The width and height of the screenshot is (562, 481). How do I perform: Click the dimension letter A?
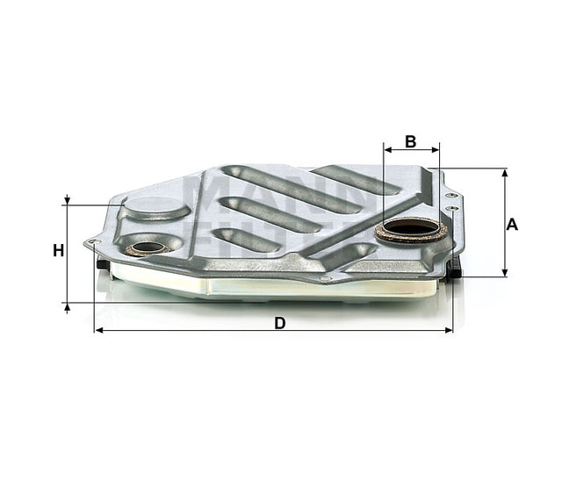[513, 224]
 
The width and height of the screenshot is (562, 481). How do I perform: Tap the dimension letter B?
[410, 140]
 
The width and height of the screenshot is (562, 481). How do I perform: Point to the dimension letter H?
[58, 251]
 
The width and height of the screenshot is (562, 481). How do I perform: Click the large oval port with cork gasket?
[412, 230]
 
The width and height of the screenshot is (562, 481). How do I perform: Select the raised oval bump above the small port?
[156, 208]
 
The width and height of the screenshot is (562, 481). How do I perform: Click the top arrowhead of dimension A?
[504, 173]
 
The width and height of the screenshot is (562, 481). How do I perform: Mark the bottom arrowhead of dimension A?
[504, 272]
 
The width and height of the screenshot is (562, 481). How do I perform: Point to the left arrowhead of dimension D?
[98, 331]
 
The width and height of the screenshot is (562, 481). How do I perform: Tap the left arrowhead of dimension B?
[388, 150]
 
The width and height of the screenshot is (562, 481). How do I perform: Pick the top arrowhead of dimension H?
[67, 201]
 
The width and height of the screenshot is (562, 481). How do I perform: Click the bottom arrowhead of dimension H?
[67, 305]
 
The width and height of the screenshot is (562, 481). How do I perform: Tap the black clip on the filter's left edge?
[103, 264]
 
